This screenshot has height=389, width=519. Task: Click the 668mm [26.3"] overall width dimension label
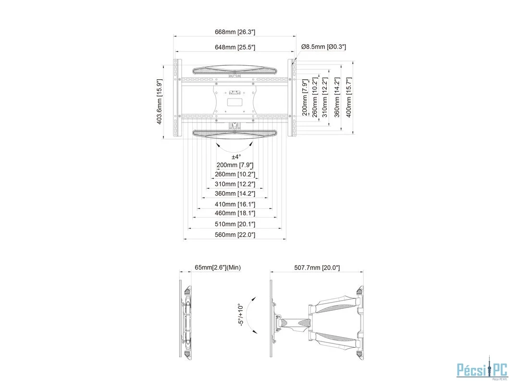point(235,32)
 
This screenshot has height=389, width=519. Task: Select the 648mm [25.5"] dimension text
point(235,47)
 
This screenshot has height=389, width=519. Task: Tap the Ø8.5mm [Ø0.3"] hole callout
point(323,47)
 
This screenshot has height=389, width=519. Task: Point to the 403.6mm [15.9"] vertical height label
point(160,101)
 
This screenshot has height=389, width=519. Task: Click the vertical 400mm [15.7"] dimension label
point(349,97)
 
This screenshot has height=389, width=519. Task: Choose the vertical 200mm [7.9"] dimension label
point(305,97)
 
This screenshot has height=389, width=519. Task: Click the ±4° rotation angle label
point(236,157)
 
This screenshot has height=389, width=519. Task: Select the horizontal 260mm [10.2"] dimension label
point(235,174)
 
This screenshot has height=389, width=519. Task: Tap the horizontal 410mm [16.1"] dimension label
point(235,205)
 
